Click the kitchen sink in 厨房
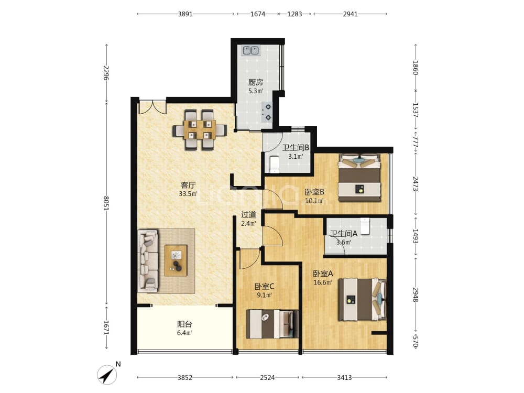pos(252,50)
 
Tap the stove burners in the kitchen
pos(268,112)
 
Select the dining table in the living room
pos(200,129)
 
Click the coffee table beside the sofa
pos(176,260)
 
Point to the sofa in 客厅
pos(148,260)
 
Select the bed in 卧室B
pos(359,178)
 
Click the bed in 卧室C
pos(272,324)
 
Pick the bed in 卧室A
pos(363,299)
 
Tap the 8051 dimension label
pos(106,203)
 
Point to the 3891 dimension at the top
pos(185,14)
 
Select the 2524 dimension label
pos(267,378)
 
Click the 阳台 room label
pos(184,324)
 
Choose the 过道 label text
pos(248,215)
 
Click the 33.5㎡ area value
pos(188,194)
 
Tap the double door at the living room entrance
pos(152,106)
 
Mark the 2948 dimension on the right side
pos(416,294)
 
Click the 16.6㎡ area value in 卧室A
pos(322,283)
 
